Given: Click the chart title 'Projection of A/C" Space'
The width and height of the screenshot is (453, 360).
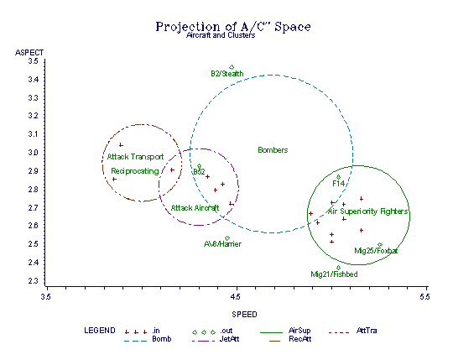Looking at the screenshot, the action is coord(233,27).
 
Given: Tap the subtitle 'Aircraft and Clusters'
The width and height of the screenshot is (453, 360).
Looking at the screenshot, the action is coord(221,35).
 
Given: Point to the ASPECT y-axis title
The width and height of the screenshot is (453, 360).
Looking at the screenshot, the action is coord(29,53).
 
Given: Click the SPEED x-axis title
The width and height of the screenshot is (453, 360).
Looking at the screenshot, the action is coord(244,315).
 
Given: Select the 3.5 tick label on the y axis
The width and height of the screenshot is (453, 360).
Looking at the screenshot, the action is coord(33,61).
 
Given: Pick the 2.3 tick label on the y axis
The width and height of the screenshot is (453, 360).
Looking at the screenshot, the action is coord(33,281).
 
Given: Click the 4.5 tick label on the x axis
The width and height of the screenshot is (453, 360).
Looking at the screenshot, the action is coord(236,297).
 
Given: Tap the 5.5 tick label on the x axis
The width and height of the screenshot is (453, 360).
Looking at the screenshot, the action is coord(425,297).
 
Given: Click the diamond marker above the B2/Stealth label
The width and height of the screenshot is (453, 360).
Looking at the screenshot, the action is coord(232,67).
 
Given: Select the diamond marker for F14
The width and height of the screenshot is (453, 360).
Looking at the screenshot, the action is coord(338,177).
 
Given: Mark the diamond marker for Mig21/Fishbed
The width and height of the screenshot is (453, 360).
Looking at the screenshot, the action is coord(338,268).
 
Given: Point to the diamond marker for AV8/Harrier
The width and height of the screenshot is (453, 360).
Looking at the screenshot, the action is coord(227,238).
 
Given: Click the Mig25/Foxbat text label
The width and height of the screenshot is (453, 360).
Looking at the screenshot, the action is coord(376,251).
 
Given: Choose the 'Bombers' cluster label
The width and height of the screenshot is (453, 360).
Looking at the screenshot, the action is coord(273,150).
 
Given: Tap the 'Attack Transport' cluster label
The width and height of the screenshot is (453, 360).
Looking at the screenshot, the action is coord(135,157).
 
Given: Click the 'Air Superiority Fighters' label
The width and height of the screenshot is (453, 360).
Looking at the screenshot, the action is coord(367,211).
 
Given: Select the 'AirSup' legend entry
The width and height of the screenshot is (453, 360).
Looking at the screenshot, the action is coord(299,331).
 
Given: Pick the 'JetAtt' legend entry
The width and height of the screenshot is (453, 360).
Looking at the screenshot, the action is coord(229,339).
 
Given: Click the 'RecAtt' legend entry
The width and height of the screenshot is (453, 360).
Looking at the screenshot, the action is coord(299,339).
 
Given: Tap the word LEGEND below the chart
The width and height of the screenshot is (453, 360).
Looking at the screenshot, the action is coord(100,331).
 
